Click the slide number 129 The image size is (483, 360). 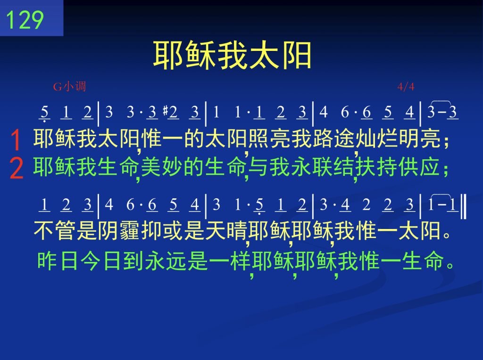25,20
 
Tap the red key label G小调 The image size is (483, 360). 70,86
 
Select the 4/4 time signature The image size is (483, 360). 406,87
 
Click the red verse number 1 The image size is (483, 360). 16,139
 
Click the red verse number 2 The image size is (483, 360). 16,168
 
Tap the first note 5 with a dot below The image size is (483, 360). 45,113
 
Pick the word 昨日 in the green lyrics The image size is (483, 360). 58,261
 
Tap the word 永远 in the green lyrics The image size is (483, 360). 166,261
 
